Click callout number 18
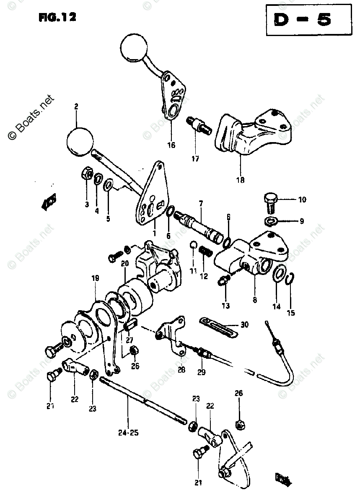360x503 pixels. (x=240, y=180)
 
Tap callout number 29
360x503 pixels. (x=202, y=372)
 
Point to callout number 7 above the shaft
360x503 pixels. (x=201, y=204)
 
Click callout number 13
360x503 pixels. (x=226, y=306)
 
